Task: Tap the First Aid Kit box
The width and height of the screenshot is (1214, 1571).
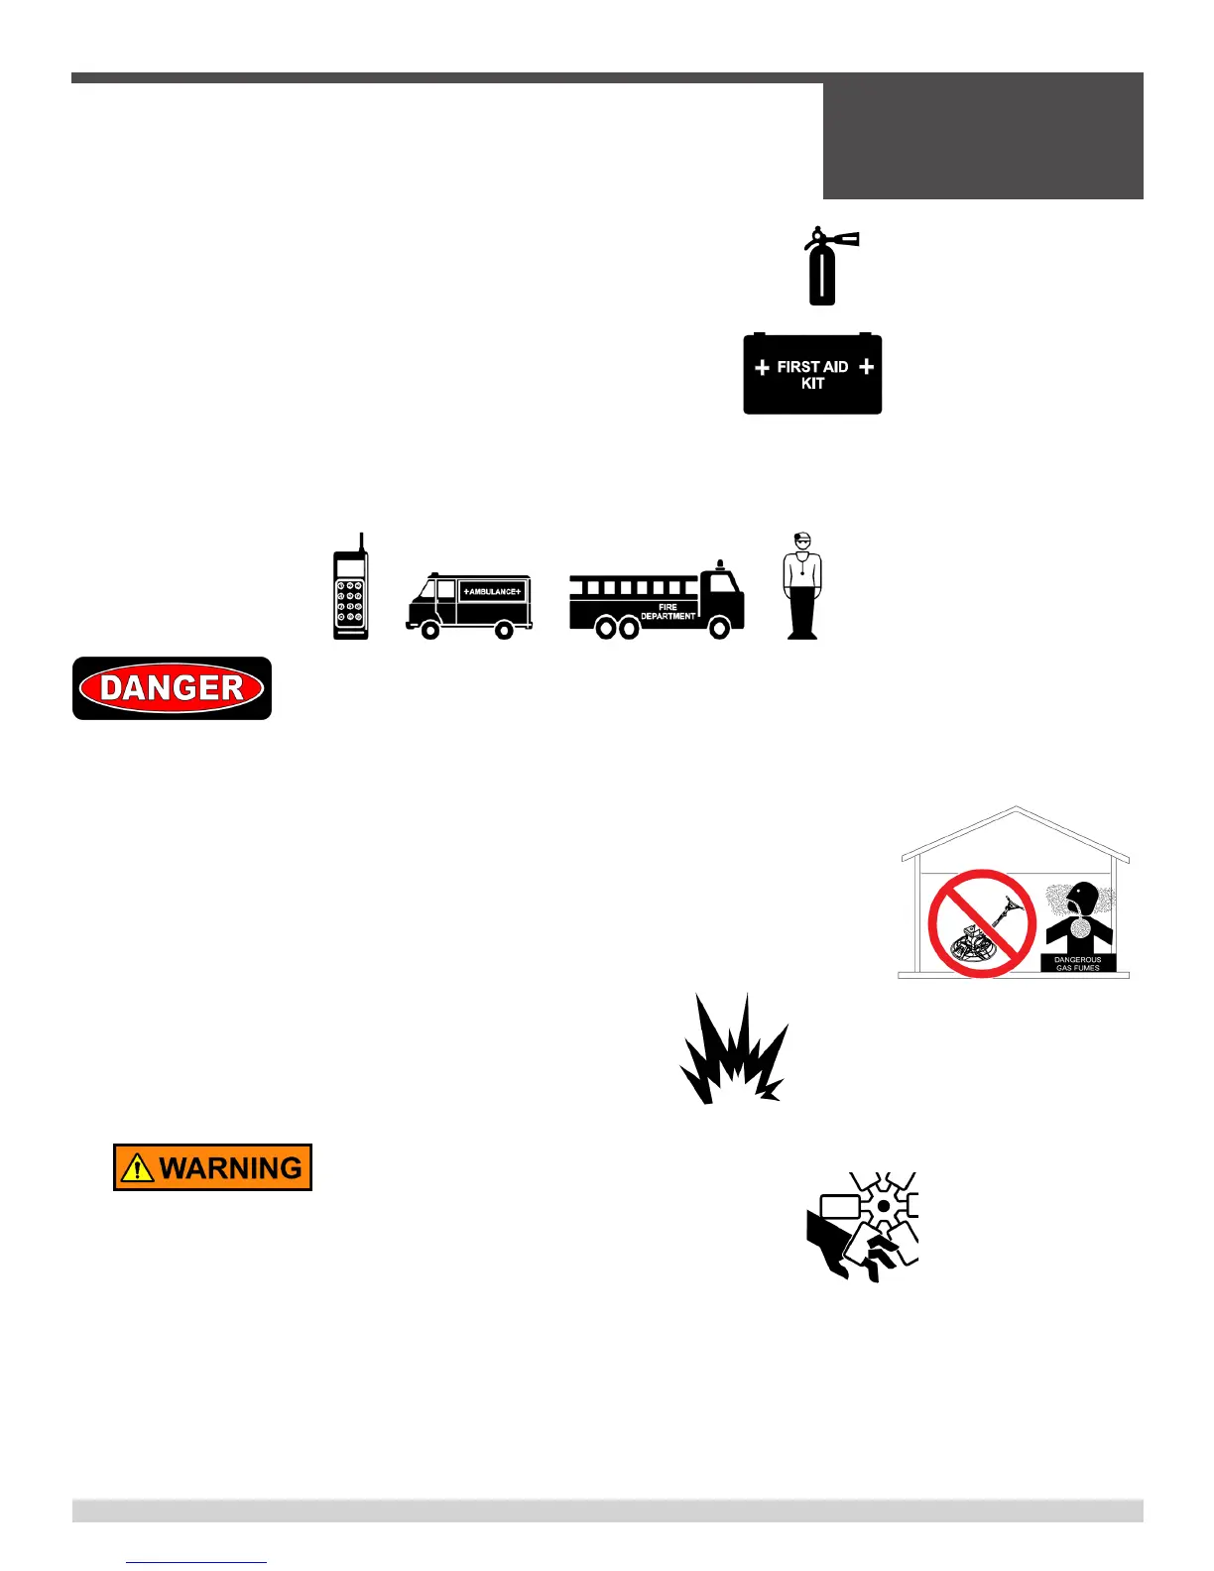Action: [812, 375]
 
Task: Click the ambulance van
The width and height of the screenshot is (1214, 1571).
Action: [469, 604]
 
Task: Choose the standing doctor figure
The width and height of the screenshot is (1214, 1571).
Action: [802, 586]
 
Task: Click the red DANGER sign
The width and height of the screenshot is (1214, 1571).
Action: [172, 688]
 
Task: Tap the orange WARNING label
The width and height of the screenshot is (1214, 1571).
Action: [212, 1167]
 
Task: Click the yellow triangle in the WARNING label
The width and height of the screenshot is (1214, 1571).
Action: [136, 1168]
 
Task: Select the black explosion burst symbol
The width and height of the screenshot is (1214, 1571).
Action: [734, 1051]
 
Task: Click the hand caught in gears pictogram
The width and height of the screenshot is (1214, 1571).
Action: [861, 1226]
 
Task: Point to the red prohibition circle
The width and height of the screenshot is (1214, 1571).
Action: [982, 923]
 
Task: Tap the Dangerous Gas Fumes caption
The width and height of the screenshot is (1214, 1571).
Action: [1077, 963]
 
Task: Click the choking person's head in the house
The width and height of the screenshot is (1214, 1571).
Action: [1081, 898]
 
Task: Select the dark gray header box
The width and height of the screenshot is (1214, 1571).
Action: [983, 137]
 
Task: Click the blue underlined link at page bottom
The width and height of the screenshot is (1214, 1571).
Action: [196, 1562]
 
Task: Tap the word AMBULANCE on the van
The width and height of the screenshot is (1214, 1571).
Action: [492, 592]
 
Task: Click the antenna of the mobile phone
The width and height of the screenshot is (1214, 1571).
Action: [362, 544]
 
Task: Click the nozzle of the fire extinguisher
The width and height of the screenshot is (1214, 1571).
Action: [848, 238]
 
